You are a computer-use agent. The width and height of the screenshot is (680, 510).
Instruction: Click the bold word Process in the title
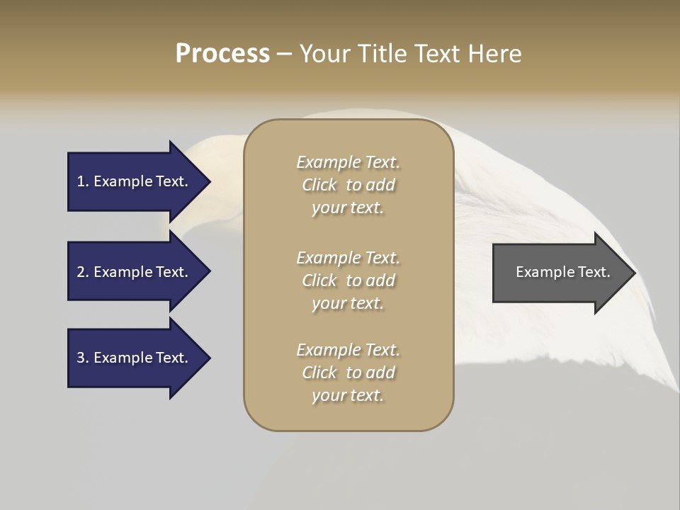pyautogui.click(x=222, y=54)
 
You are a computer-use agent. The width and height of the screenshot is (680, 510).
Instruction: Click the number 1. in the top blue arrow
pyautogui.click(x=82, y=181)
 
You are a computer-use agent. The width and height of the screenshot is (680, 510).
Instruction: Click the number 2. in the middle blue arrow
pyautogui.click(x=82, y=272)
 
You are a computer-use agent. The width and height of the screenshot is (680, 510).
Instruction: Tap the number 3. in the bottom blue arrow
pyautogui.click(x=82, y=358)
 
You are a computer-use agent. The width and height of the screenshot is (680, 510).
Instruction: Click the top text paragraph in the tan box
pyautogui.click(x=348, y=185)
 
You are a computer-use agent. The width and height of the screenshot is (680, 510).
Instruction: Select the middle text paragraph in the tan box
pyautogui.click(x=348, y=280)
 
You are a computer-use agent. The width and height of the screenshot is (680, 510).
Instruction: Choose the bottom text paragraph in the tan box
pyautogui.click(x=348, y=373)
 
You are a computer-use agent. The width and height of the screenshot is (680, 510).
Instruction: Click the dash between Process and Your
pyautogui.click(x=284, y=54)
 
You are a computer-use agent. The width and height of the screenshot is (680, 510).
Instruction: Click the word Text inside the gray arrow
pyautogui.click(x=595, y=272)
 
